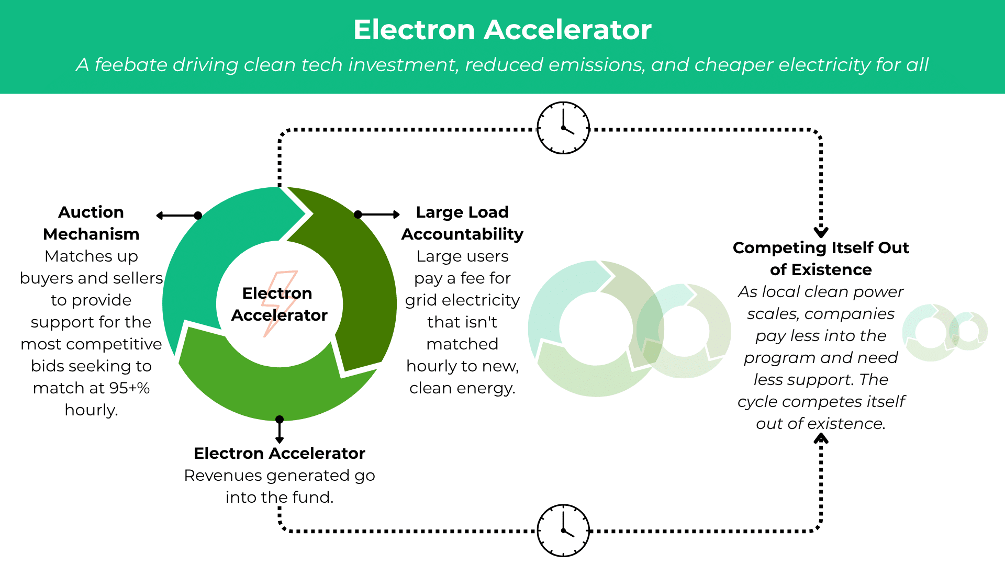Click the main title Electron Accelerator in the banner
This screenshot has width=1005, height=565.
point(502,30)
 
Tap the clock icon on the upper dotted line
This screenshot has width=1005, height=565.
point(563,128)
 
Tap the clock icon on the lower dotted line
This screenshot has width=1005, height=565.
point(563,530)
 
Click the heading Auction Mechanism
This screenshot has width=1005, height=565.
point(91,223)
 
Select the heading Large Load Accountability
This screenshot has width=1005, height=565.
point(462,223)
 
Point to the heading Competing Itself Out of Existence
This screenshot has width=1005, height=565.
point(821,258)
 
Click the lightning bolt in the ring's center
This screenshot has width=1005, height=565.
point(280,303)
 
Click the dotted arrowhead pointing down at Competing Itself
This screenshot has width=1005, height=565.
point(821,232)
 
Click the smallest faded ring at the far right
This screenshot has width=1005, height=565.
point(968,331)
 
